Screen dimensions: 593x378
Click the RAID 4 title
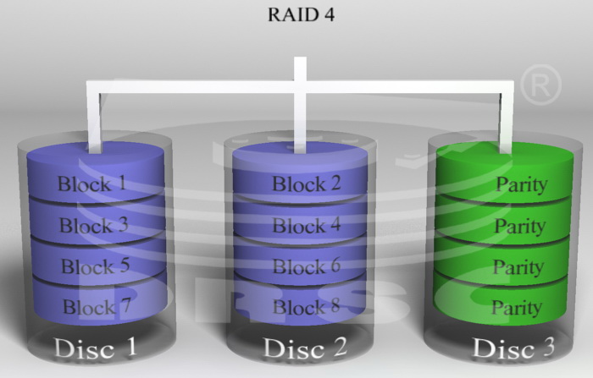(301, 15)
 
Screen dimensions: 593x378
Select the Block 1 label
(91, 184)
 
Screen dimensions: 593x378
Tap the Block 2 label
(307, 184)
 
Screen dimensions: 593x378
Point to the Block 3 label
(94, 225)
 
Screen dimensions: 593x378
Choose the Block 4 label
(307, 226)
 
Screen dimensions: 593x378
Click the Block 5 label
(95, 266)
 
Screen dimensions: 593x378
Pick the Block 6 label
(307, 266)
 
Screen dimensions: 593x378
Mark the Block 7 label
(97, 306)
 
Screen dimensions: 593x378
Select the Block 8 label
(307, 306)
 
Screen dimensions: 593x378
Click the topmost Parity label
(522, 185)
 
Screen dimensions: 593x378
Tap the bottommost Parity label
(517, 308)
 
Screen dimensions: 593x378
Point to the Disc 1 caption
(95, 348)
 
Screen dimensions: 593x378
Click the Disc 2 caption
(305, 348)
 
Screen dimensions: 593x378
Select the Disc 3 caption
(513, 348)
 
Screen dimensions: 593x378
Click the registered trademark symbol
(540, 85)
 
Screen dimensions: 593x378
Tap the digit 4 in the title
(329, 15)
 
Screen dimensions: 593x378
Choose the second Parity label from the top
(520, 227)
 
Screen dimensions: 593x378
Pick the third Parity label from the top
(518, 267)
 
